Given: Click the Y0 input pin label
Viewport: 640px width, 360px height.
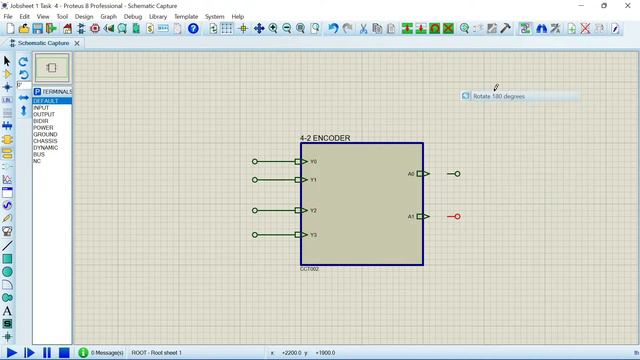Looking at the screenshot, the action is pos(313,161).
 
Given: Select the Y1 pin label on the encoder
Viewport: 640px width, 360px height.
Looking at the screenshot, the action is pos(313,180).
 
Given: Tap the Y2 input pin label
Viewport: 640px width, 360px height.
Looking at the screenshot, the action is pos(313,211).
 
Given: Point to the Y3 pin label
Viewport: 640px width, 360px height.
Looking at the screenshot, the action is pos(313,235).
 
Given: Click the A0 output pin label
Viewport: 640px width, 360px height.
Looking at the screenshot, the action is pos(410,174).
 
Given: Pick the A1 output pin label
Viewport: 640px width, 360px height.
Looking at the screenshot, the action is pos(410,216).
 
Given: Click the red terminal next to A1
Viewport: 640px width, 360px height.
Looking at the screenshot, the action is pos(457,216).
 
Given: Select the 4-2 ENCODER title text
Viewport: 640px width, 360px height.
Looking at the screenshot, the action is pos(325,138).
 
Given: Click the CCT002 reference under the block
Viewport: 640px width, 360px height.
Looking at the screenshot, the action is pos(309,269).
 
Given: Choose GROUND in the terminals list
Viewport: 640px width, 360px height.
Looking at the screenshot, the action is pos(45,134).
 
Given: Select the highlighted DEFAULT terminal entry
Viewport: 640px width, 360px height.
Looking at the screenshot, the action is pos(46,101).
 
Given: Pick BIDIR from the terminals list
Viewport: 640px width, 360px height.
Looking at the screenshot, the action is pos(40,121).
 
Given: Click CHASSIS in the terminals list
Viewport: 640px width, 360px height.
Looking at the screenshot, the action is pos(45,141).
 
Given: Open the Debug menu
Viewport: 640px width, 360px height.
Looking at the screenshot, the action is pos(133,17).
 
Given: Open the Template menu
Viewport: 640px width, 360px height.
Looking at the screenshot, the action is pos(186,17).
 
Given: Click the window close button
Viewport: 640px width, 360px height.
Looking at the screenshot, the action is pos(627,5).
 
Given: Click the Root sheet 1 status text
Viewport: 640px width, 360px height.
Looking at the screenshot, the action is pos(157,353).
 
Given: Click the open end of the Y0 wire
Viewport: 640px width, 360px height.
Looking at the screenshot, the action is pos(255,161).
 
